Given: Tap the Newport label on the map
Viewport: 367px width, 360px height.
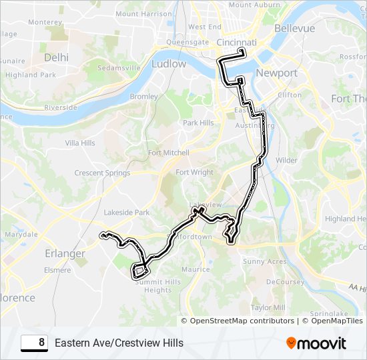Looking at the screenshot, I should tap(276, 73).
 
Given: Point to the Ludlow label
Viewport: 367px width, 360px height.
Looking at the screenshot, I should tap(169, 64).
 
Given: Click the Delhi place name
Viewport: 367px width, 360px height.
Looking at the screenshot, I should tap(56, 57).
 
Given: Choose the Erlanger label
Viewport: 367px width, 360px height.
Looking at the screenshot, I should tap(65, 253).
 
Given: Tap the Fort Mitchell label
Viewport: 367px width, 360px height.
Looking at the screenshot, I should tap(169, 153).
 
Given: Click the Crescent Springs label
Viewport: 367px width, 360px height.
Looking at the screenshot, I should tap(102, 173).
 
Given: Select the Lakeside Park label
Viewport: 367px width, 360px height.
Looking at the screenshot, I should tap(127, 213).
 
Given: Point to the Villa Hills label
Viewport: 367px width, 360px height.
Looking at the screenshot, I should tap(79, 143).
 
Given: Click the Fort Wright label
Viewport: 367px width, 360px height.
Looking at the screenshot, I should tap(194, 172).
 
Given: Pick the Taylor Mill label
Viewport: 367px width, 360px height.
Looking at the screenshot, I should tap(268, 307).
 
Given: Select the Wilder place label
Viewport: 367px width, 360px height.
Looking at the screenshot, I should tap(286, 160).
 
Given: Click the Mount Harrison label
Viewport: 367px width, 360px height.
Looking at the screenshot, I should tap(143, 13).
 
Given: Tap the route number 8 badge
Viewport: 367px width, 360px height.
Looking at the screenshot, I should tap(34, 343).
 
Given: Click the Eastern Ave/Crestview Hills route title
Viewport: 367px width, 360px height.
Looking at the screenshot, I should tap(119, 343).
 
